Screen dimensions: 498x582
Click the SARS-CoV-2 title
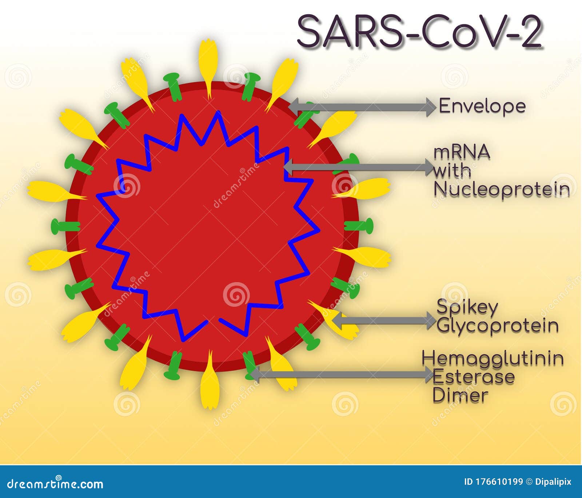pos(420,32)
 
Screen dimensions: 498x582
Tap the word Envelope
pos(482,106)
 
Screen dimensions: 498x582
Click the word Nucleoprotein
pos(502,189)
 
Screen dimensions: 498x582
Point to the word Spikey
pos(467,307)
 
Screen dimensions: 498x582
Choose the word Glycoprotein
pos(498,326)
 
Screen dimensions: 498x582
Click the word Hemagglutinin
pos(493,358)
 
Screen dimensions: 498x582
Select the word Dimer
pos(460,395)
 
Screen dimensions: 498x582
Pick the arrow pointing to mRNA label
pos(358,167)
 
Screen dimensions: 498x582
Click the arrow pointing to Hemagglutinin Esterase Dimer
pos(342,374)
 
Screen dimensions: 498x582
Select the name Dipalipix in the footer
pos(553,482)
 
